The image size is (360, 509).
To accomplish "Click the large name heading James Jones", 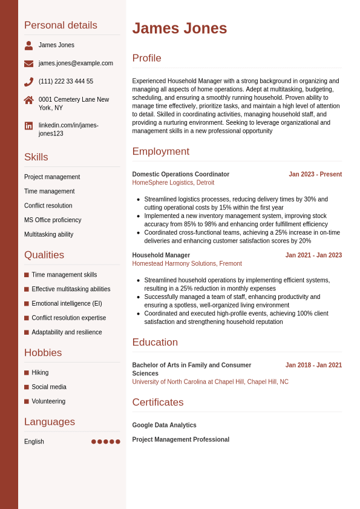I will coord(180,28).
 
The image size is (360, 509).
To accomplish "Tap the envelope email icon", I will coord(28,64).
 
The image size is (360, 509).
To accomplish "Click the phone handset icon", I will coord(28,82).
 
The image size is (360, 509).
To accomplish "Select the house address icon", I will coord(28,100).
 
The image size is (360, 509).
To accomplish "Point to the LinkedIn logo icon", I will coord(28,126).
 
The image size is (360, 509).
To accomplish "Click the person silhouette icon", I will coord(28,45).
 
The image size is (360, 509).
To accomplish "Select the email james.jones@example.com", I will coord(76,64).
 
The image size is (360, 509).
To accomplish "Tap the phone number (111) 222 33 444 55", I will coord(66,82).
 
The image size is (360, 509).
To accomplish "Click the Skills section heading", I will coord(36,157).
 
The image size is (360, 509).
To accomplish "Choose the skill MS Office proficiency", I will coord(53,220).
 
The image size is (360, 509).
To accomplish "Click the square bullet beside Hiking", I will coord(27,373).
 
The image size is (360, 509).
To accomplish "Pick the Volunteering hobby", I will coord(48,401).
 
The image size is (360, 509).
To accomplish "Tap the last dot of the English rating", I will coord(118,442).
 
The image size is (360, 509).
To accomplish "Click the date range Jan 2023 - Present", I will coord(315,174).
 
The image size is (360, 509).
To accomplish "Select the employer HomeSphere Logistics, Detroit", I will coord(173,183).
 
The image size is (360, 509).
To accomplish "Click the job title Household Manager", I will coord(161,255).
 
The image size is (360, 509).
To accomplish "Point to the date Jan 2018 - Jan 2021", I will coord(313,366).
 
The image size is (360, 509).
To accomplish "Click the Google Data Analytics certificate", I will coord(165,425).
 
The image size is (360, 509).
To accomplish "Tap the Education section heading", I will coord(155,343).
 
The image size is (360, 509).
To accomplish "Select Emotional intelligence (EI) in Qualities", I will coord(67,304).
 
